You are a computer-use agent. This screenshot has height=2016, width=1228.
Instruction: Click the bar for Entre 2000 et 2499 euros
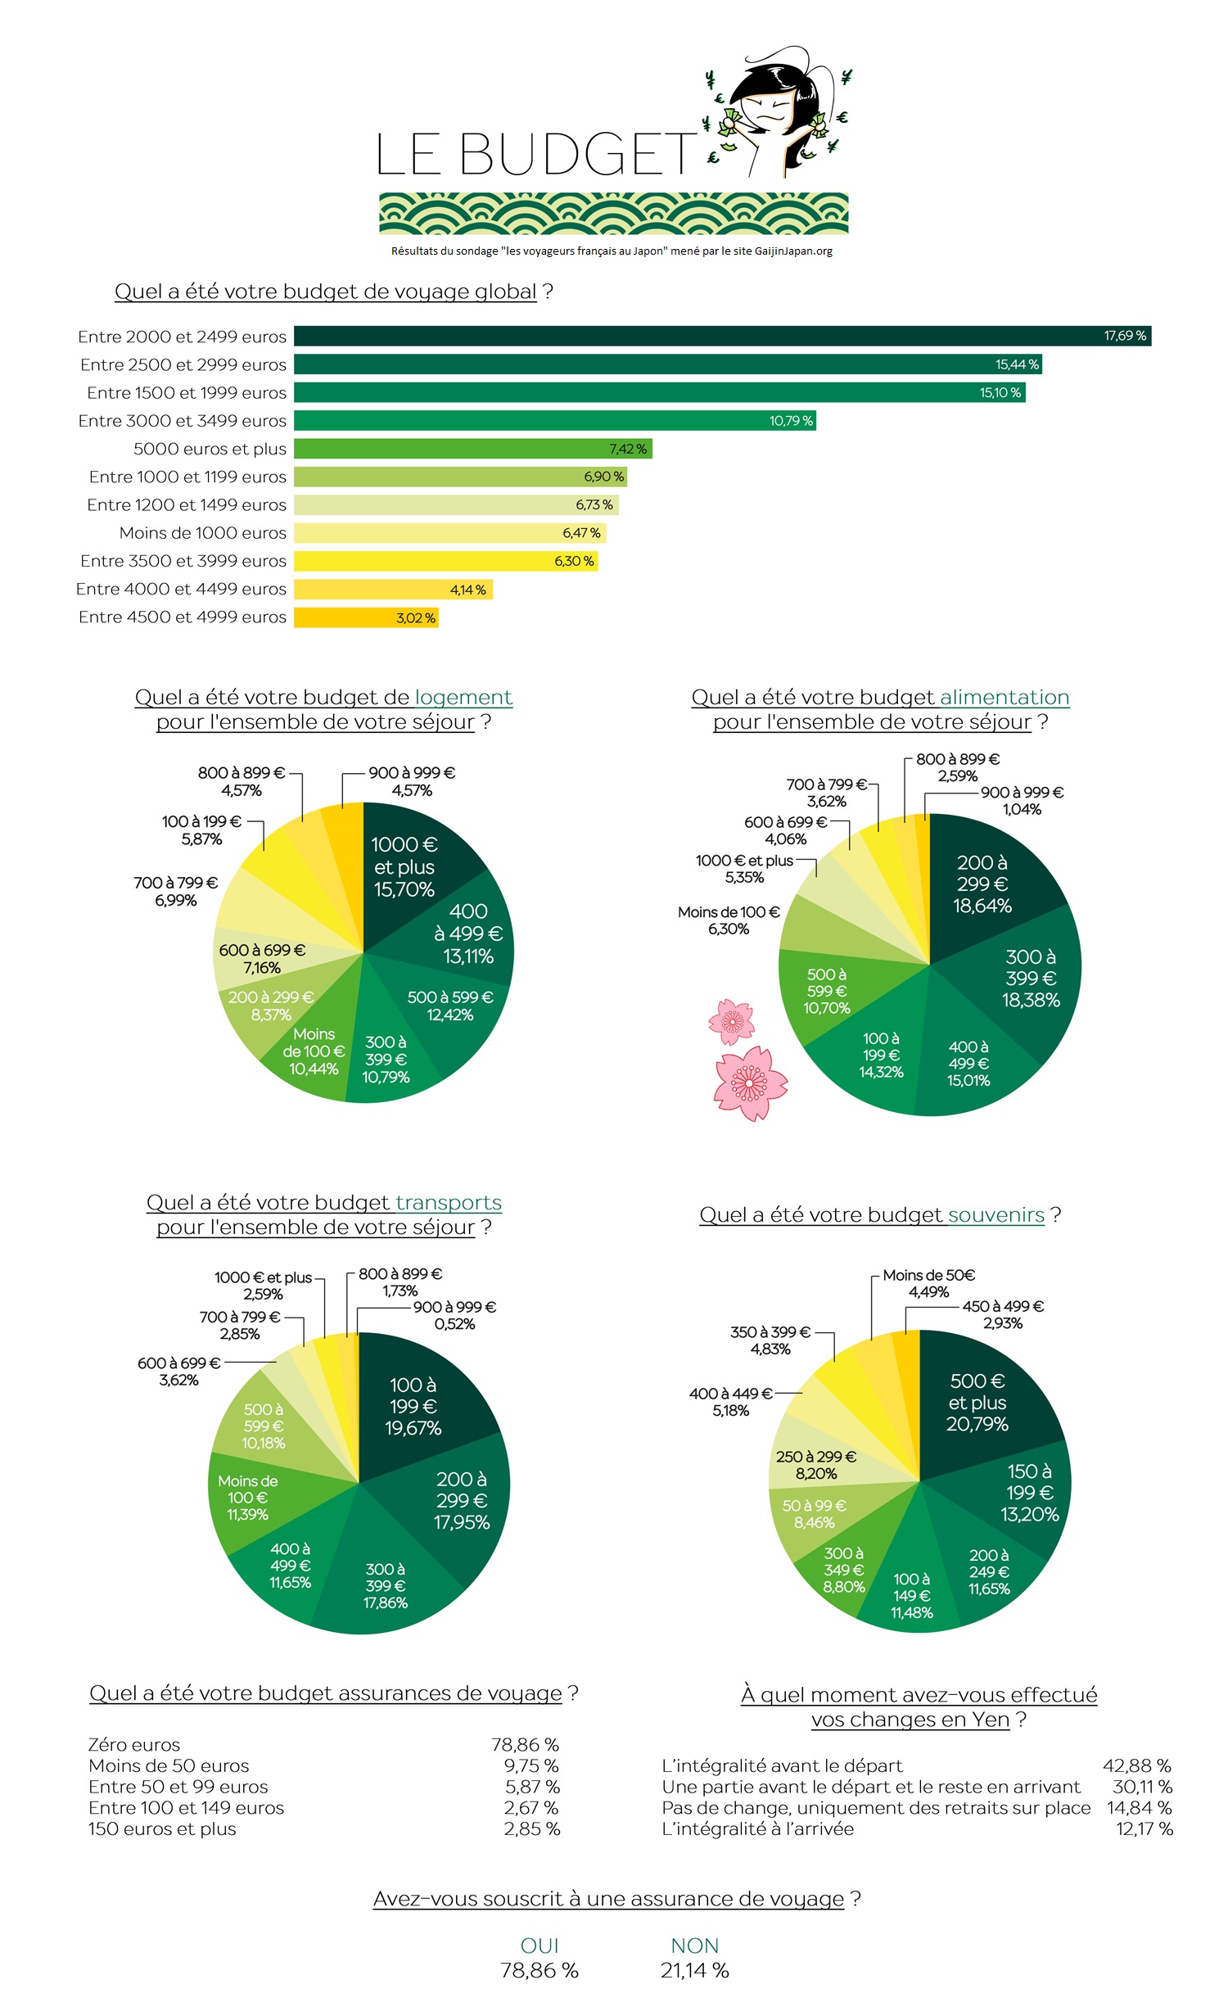[x=720, y=336]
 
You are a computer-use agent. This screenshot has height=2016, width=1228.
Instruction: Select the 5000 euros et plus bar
[x=472, y=449]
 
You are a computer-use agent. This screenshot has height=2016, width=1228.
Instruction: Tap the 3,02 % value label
[x=416, y=617]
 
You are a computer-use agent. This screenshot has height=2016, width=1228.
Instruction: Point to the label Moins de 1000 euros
[x=202, y=533]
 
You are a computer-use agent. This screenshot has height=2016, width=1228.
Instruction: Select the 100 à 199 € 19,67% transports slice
[x=413, y=1406]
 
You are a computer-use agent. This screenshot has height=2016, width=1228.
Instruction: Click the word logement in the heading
[x=463, y=698]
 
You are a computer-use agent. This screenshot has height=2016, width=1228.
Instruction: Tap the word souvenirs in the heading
[x=995, y=1215]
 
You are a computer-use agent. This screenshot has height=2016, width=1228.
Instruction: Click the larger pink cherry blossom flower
[x=748, y=1083]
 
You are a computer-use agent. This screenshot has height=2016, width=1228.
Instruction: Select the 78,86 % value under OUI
[x=539, y=1971]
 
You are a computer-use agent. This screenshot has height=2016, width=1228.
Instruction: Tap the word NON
[x=694, y=1946]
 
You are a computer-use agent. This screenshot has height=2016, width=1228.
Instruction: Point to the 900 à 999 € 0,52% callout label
[x=454, y=1315]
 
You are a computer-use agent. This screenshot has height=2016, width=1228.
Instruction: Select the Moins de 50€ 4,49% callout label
[x=928, y=1283]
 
